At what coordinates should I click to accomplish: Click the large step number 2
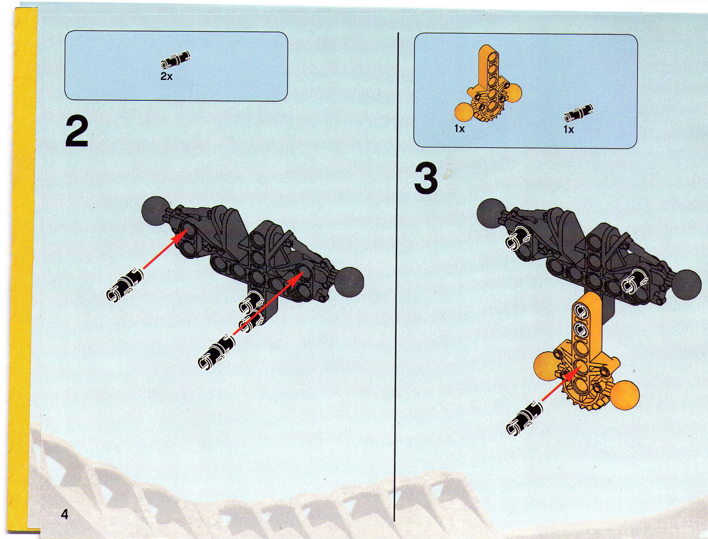coord(76,132)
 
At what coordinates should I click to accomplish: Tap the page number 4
coord(64,514)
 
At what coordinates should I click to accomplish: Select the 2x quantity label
coord(166,76)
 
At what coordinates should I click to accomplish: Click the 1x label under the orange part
coord(460,129)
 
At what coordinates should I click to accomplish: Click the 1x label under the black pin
coord(569,130)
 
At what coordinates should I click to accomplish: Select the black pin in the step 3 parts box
coord(578,112)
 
